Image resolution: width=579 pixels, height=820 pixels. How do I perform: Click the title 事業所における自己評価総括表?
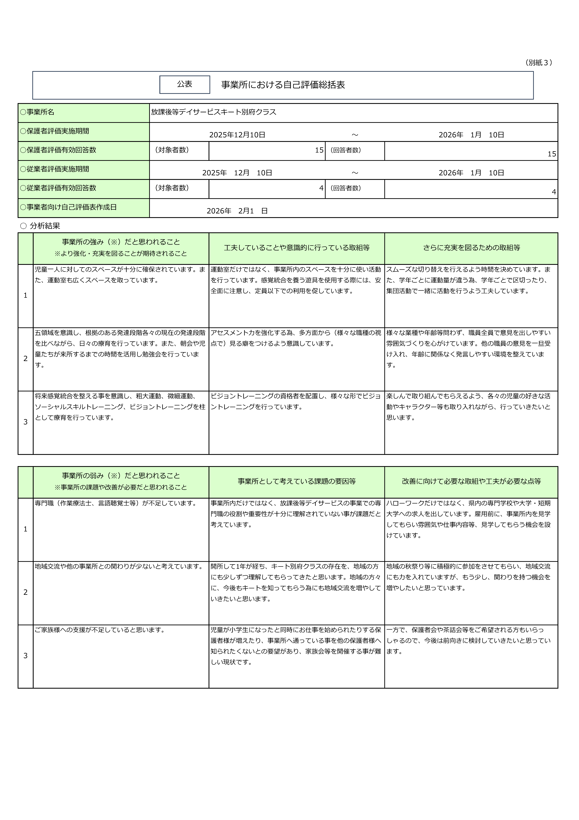pos(283,85)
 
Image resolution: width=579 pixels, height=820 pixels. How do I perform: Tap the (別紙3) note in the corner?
pos(539,63)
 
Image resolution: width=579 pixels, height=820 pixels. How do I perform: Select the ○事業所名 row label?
pos(37,112)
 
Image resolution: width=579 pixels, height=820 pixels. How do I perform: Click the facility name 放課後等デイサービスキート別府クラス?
pos(213,112)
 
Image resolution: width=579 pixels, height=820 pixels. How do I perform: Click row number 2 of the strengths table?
pos(25,359)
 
